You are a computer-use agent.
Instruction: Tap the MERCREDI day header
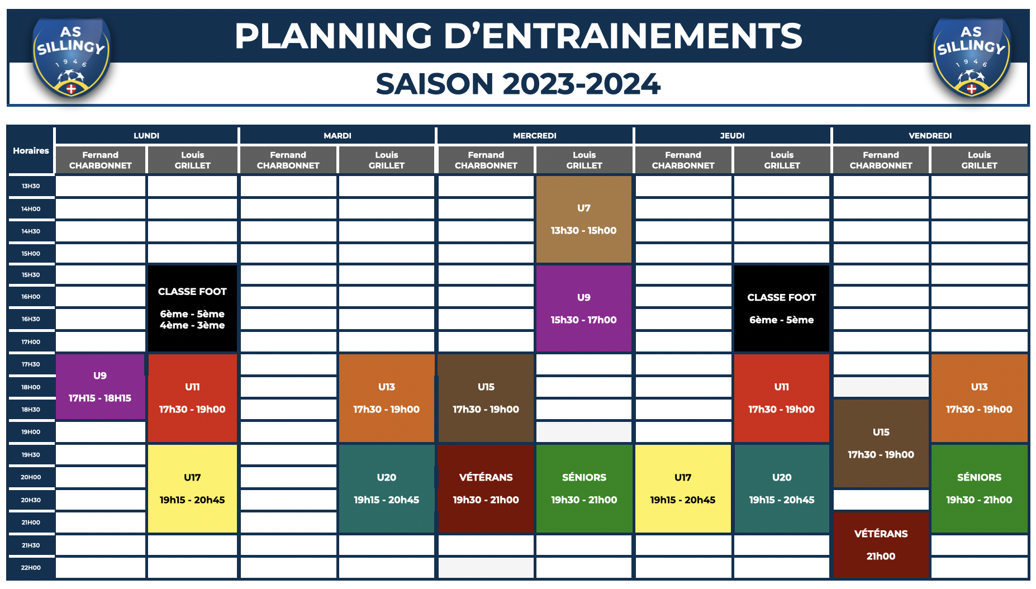click(x=535, y=136)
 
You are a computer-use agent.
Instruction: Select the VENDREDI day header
click(x=930, y=136)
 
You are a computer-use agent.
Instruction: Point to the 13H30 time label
click(x=31, y=186)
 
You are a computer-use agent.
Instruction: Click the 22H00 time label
click(x=31, y=568)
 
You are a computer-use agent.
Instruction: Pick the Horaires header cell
click(x=31, y=151)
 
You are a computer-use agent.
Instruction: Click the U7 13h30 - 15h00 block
click(x=584, y=220)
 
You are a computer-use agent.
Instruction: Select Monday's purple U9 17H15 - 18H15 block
click(x=100, y=387)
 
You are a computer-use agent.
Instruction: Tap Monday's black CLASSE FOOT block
click(x=192, y=308)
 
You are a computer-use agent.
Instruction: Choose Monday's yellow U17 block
click(x=192, y=489)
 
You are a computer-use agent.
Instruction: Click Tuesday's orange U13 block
click(x=387, y=398)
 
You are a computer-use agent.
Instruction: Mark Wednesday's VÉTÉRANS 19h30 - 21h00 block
click(x=486, y=489)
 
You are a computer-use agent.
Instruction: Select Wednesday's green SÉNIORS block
click(x=584, y=489)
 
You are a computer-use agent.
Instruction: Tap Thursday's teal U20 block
click(x=782, y=489)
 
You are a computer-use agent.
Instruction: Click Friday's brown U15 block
click(x=881, y=443)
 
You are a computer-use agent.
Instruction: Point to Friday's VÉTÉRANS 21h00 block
click(x=881, y=545)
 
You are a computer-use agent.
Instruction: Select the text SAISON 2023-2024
click(x=518, y=84)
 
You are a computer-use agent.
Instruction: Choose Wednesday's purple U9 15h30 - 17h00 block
click(x=584, y=308)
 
